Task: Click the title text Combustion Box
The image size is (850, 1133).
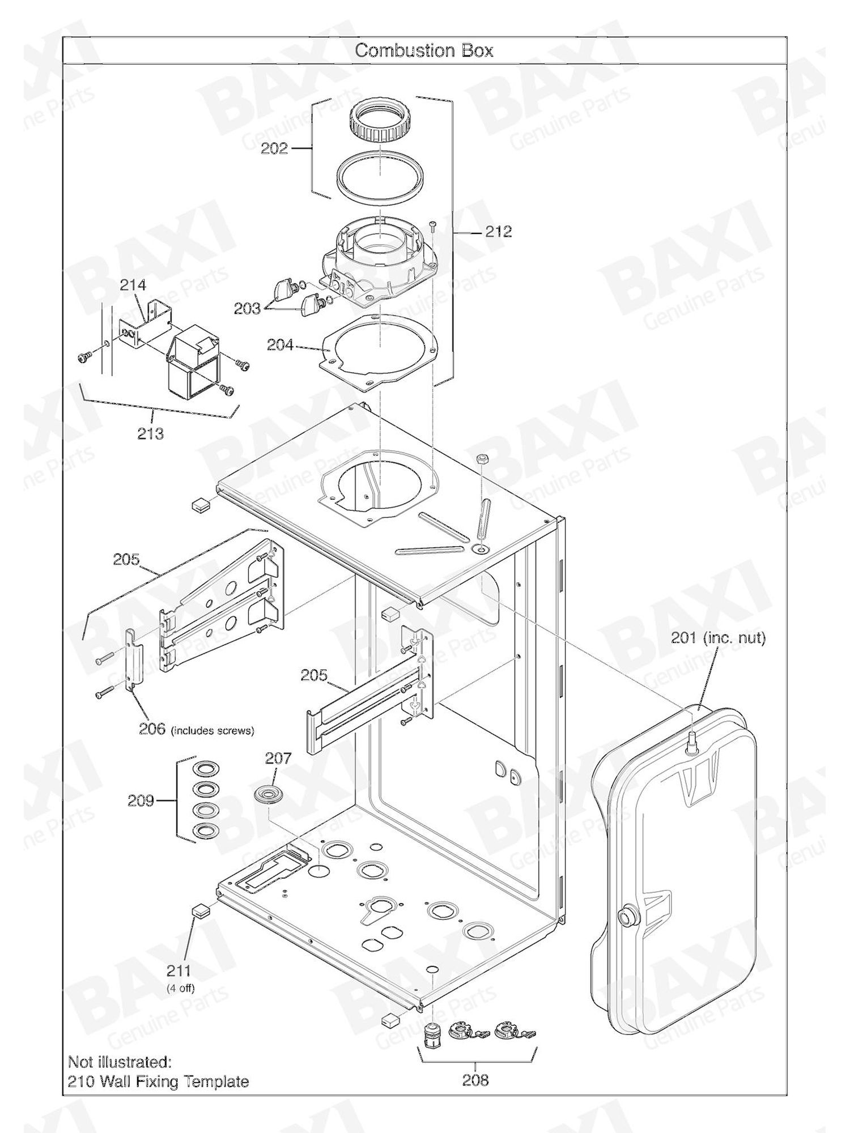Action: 424,50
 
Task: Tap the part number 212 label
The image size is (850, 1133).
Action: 499,231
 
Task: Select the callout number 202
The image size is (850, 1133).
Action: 274,148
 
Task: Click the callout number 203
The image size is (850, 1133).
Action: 248,308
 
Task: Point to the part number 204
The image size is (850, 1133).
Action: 280,344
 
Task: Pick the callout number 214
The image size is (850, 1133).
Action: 133,285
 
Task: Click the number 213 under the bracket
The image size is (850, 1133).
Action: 150,433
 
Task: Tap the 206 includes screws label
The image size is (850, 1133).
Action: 197,729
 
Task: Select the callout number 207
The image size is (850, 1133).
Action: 278,758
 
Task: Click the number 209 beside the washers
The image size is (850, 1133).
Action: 141,800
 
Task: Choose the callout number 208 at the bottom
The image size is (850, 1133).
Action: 475,1080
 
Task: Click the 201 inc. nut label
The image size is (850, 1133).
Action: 719,638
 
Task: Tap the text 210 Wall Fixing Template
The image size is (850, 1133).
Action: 158,1081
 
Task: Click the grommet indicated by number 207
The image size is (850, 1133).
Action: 266,793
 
